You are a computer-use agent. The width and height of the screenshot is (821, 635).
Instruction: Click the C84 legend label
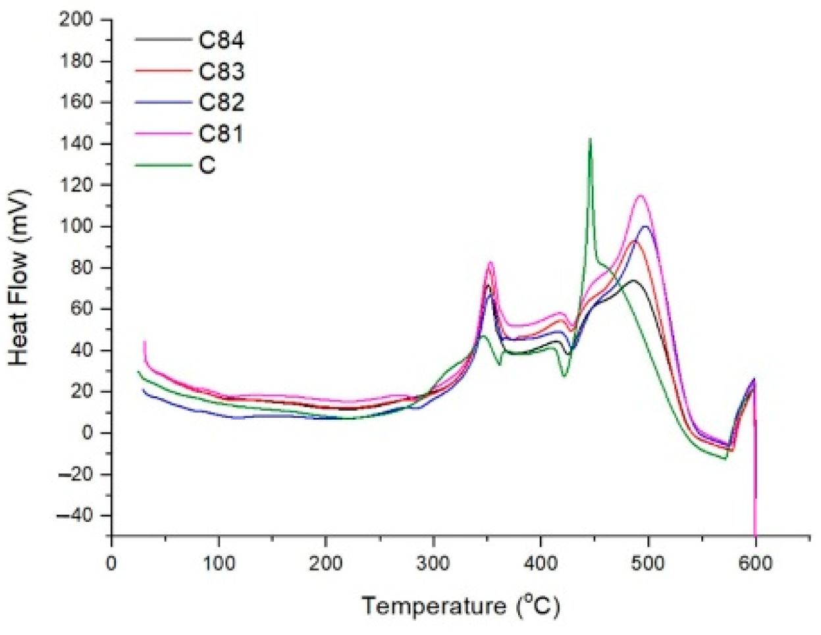click(x=222, y=40)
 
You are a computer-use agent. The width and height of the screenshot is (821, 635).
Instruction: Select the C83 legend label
click(x=222, y=71)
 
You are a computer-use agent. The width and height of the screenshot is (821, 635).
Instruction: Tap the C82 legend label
click(x=222, y=103)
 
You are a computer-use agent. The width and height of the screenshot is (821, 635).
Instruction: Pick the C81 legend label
click(x=222, y=134)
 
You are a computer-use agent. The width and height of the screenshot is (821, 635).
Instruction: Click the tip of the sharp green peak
click(x=590, y=139)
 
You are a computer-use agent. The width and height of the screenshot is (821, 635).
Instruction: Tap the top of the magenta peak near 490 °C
click(x=640, y=195)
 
